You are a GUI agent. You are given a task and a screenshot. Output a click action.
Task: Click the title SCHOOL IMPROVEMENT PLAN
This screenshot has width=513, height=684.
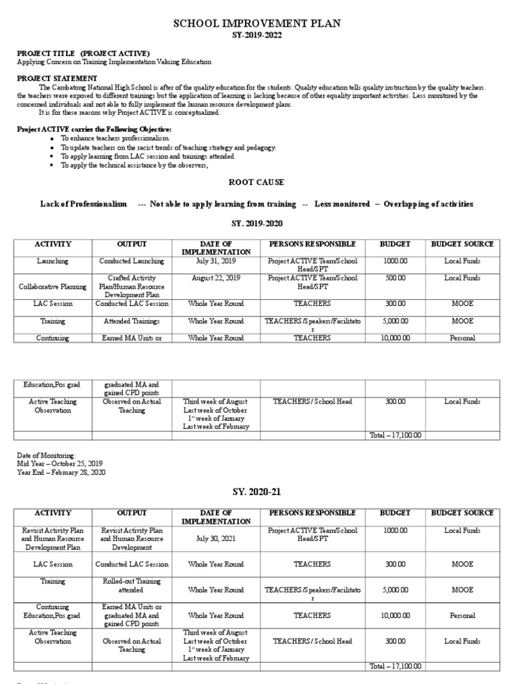[x=256, y=23]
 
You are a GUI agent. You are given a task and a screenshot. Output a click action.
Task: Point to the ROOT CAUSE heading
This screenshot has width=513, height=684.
[x=256, y=182]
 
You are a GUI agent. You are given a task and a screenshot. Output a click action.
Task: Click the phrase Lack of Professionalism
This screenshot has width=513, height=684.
[x=83, y=204]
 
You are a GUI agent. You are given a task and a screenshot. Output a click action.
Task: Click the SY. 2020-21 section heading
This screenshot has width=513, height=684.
[x=256, y=492]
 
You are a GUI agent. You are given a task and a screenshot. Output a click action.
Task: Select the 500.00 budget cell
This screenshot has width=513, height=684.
[x=394, y=278]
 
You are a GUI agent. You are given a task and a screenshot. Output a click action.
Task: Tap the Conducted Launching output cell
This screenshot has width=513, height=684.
[x=132, y=262]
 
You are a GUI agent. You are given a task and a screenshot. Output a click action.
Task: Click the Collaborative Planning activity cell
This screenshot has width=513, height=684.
[x=53, y=287]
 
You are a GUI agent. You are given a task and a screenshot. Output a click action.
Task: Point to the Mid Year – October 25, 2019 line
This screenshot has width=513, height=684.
[x=61, y=464]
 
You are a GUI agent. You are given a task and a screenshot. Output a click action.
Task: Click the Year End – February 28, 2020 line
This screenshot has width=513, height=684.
[x=61, y=472]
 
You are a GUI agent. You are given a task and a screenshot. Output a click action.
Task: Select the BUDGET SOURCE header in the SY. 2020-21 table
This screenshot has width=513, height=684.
[x=462, y=513]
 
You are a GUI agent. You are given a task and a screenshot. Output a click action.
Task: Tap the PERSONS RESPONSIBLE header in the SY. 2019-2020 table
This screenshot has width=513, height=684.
[x=312, y=244]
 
